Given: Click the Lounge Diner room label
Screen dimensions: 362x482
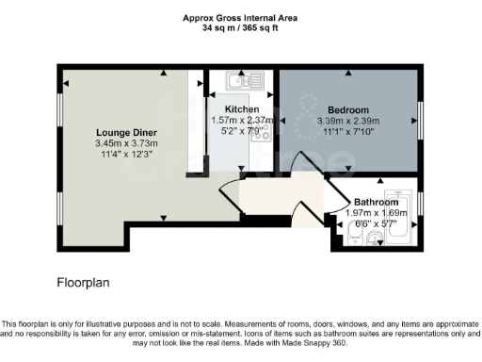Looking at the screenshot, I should [x=125, y=131].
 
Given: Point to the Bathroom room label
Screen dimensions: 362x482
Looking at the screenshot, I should [x=376, y=202].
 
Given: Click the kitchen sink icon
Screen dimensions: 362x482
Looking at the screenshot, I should [x=234, y=83].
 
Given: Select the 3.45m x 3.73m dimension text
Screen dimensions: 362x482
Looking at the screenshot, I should [x=125, y=143].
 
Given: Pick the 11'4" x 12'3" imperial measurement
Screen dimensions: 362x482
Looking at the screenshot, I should [x=125, y=155].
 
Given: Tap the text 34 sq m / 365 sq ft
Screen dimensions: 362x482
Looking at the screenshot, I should [x=241, y=28].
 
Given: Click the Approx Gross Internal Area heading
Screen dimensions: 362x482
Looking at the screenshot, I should [x=241, y=17].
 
